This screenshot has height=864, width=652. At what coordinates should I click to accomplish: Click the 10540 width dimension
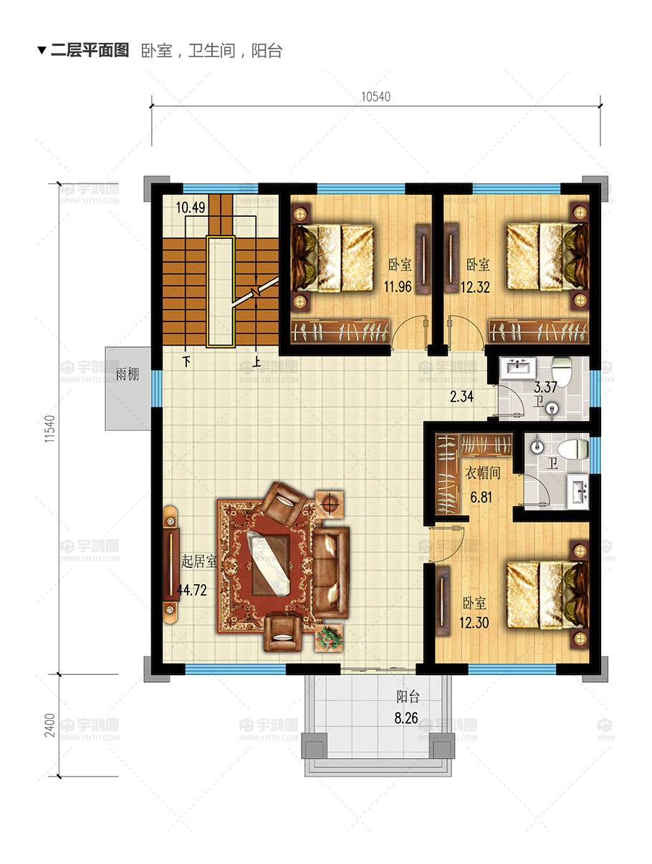point(376,97)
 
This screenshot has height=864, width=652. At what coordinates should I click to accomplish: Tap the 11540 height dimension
point(49,429)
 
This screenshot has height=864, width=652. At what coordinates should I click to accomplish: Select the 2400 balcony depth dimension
point(49,725)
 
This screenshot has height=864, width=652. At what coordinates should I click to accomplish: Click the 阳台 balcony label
point(408,696)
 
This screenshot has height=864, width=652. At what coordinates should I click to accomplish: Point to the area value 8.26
point(406,718)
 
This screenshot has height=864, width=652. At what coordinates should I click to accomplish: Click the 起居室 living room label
point(199,561)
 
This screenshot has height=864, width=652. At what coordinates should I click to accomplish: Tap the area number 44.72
point(192,590)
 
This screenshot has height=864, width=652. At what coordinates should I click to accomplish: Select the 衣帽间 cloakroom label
point(483,472)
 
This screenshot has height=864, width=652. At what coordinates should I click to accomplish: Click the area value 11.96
point(398,286)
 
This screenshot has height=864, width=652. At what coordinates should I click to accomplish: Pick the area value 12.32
point(476,287)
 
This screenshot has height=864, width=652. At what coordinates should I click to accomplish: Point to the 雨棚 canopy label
point(128,374)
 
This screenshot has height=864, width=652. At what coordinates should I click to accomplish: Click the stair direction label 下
point(187,361)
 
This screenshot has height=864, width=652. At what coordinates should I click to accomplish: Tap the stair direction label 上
point(257,361)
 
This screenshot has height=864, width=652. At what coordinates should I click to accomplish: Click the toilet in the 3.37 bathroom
point(562,371)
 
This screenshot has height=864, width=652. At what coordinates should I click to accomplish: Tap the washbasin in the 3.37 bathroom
point(518,368)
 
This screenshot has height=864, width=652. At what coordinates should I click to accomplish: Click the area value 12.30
point(474,622)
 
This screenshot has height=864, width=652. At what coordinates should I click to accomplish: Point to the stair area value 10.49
point(191,208)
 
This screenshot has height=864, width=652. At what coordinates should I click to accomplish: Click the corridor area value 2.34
point(461,397)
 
